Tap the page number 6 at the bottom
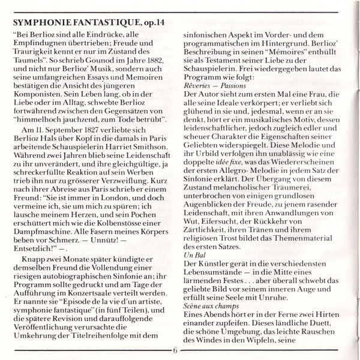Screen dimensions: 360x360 click(x=175, y=352)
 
